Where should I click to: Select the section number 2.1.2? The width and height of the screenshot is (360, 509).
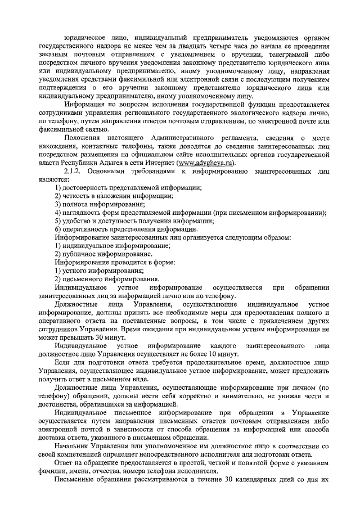pyautogui.click(x=74, y=171)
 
